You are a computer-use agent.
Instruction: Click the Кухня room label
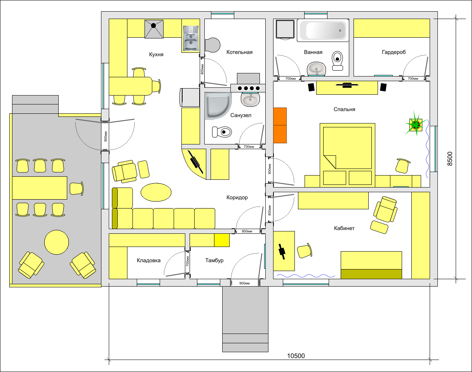[156, 54]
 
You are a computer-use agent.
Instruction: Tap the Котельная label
[239, 52]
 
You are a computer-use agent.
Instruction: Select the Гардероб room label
[394, 52]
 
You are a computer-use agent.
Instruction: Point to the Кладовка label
[148, 261]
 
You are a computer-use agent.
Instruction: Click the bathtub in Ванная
[323, 30]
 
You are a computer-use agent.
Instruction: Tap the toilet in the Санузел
[222, 132]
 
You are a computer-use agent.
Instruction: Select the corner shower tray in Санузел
[218, 106]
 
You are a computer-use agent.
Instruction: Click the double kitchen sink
[191, 38]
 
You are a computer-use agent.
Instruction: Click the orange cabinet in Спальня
[280, 125]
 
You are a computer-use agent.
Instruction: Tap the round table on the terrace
[57, 242]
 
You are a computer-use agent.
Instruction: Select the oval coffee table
[156, 192]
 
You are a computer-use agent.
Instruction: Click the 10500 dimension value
[296, 356]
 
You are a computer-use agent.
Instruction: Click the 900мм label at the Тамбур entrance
[244, 283]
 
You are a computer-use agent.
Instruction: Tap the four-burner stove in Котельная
[248, 88]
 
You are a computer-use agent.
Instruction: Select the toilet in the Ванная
[337, 61]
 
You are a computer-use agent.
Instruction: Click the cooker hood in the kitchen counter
[154, 29]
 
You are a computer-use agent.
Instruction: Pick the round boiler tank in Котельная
[212, 45]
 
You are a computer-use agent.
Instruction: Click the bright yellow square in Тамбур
[222, 240]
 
